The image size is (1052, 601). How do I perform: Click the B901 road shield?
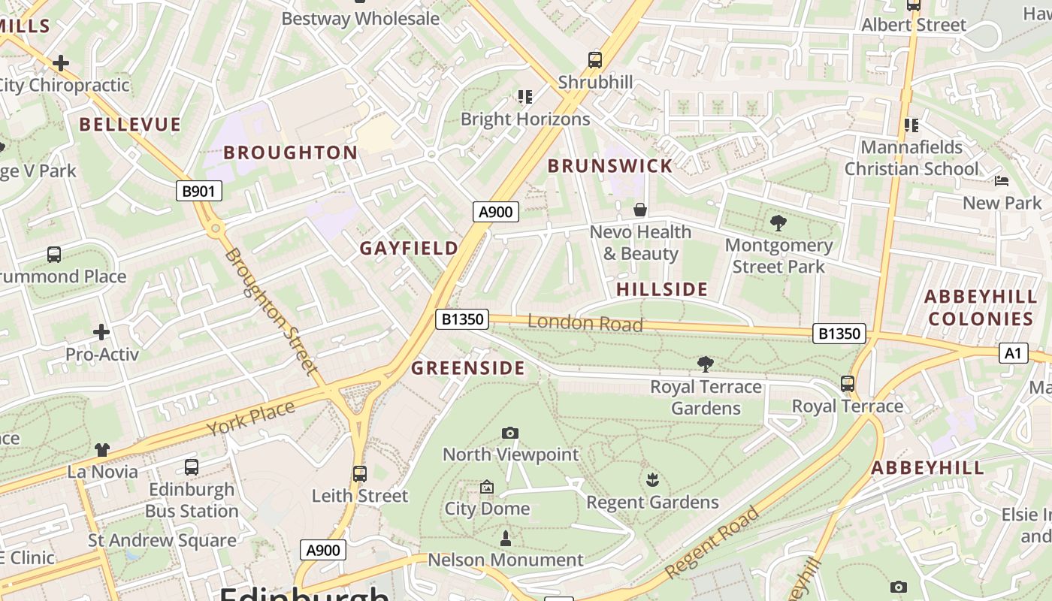(x=199, y=191)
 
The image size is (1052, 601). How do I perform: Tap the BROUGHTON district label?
(x=291, y=153)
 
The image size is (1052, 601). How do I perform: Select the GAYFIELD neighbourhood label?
(x=409, y=248)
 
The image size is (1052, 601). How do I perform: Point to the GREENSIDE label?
(x=468, y=367)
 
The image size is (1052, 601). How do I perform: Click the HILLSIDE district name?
(x=662, y=289)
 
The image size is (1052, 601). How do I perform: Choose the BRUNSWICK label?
(x=610, y=166)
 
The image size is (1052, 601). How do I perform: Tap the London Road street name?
(x=585, y=323)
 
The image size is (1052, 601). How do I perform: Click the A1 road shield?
(x=1013, y=352)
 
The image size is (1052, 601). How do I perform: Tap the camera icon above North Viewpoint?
(x=510, y=433)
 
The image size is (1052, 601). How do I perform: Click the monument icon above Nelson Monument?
(x=505, y=538)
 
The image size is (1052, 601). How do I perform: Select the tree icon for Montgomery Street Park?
(x=778, y=222)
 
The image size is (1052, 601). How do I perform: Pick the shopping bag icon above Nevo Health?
(x=639, y=210)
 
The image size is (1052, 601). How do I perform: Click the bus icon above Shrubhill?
(x=595, y=59)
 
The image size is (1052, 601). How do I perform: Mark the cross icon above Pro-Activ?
(x=101, y=331)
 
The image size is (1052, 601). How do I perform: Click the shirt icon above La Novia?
(x=102, y=450)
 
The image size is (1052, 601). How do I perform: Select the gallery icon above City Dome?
(x=487, y=487)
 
